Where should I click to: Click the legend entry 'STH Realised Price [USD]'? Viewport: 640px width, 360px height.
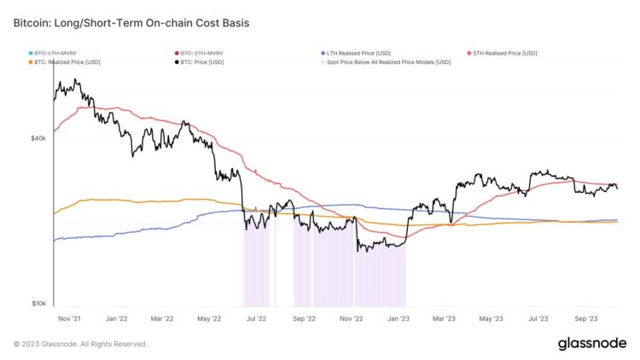point(504,53)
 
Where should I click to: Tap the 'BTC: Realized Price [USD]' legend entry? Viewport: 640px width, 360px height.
point(67,61)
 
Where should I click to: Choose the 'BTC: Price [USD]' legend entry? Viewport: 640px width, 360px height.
point(202,61)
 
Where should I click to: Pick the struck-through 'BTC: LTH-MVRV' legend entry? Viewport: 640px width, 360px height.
point(57,53)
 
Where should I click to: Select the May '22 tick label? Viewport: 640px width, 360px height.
point(209,318)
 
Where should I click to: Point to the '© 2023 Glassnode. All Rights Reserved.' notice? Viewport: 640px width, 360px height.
point(81,344)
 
